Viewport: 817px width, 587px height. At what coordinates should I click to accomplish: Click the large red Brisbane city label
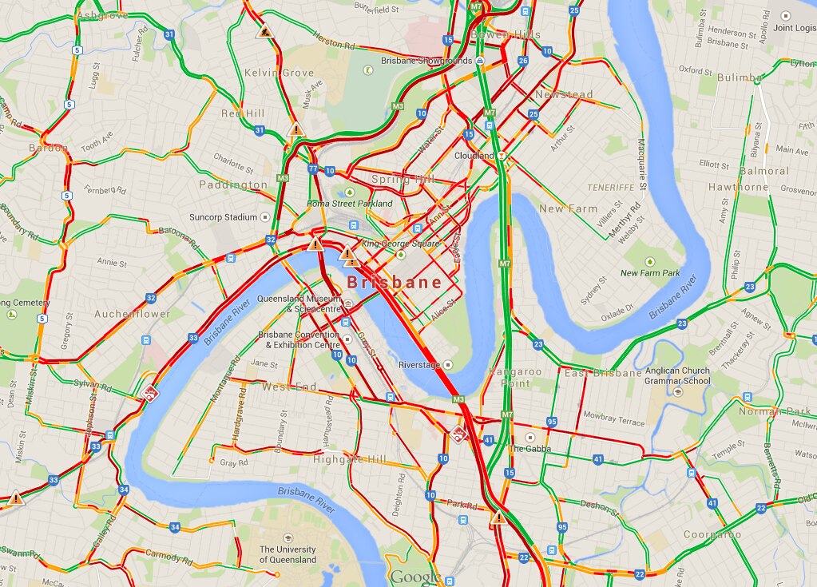(x=395, y=283)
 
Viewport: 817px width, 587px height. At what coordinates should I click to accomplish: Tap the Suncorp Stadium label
(x=224, y=217)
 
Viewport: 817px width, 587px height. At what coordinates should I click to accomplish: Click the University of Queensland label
(x=288, y=554)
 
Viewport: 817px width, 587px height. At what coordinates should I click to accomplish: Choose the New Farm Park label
(x=650, y=273)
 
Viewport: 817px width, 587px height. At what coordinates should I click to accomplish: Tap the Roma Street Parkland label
(x=350, y=204)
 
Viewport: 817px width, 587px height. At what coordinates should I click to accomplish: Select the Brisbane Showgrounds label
(x=426, y=61)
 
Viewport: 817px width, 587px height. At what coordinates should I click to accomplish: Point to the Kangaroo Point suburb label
(x=516, y=377)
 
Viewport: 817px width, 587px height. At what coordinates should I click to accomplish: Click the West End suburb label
(x=290, y=387)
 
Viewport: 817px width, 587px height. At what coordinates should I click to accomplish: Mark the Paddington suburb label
(x=233, y=185)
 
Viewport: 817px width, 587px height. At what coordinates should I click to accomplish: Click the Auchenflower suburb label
(x=133, y=314)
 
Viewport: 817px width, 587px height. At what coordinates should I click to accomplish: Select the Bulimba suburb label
(x=739, y=77)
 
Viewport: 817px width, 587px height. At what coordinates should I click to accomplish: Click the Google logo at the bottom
(x=414, y=577)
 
